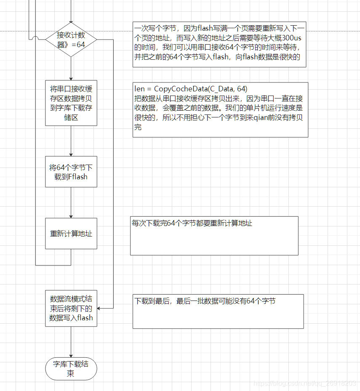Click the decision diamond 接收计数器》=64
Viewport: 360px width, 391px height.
pyautogui.click(x=71, y=40)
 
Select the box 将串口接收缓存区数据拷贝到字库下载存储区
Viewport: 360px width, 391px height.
pyautogui.click(x=71, y=103)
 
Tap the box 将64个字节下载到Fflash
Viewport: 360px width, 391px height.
pyautogui.click(x=71, y=172)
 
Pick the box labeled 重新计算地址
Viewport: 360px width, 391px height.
pyautogui.click(x=71, y=234)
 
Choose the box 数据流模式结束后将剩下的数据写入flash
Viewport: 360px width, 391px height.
pyautogui.click(x=71, y=308)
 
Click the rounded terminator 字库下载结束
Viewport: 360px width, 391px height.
pyautogui.click(x=71, y=369)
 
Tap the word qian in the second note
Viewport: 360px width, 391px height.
pyautogui.click(x=261, y=118)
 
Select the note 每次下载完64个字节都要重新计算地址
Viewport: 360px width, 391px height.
pyautogui.click(x=214, y=236)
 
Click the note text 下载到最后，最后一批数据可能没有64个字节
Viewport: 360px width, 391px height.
pyautogui.click(x=205, y=301)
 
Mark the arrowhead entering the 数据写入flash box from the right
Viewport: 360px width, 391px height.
pyautogui.click(x=99, y=309)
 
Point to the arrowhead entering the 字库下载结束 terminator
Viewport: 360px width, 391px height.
pyautogui.click(x=71, y=356)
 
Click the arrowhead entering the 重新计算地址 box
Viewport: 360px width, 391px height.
pyautogui.click(x=71, y=216)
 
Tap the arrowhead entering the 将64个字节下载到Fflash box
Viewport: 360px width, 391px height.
pyautogui.click(x=71, y=154)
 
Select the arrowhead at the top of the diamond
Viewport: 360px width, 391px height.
pyautogui.click(x=71, y=22)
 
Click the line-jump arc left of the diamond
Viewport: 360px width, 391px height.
pyautogui.click(x=36, y=37)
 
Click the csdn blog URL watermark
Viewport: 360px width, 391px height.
pyautogui.click(x=304, y=383)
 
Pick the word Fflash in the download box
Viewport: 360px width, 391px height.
pyautogui.click(x=78, y=177)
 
